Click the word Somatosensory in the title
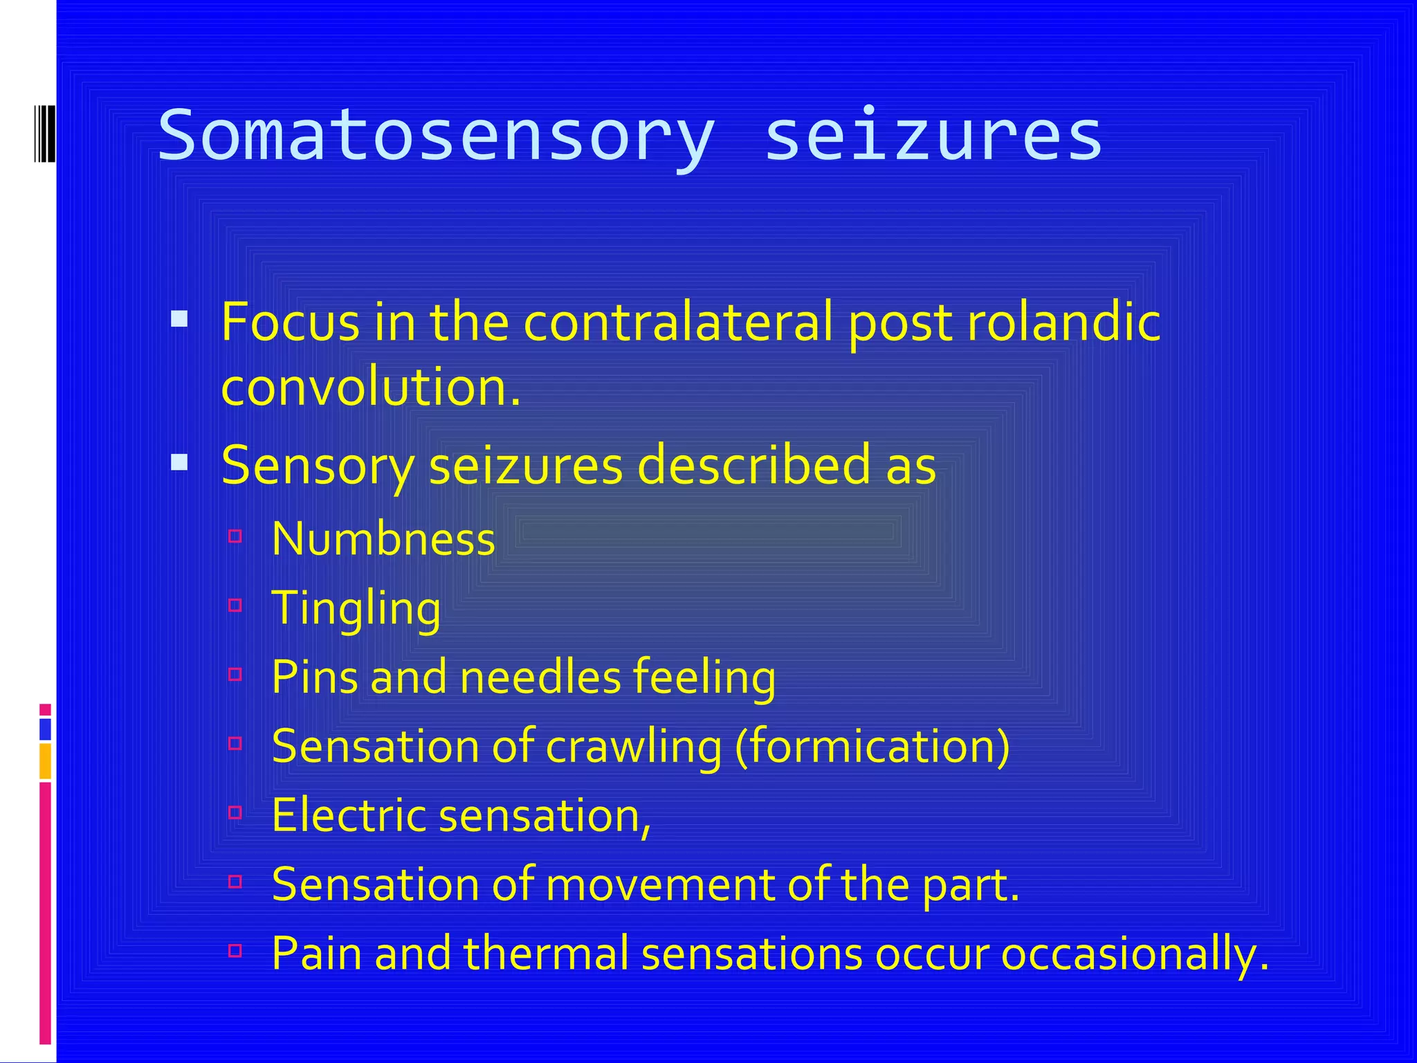click(x=436, y=136)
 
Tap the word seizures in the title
click(x=933, y=136)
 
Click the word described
click(x=752, y=465)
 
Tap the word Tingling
click(x=356, y=608)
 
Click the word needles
click(x=540, y=677)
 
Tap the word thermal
click(x=546, y=954)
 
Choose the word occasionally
click(x=1135, y=954)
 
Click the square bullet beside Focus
click(x=179, y=318)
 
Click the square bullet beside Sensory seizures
click(x=179, y=462)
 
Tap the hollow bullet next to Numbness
click(x=235, y=536)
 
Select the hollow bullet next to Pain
click(x=235, y=951)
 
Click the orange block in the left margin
click(x=45, y=761)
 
